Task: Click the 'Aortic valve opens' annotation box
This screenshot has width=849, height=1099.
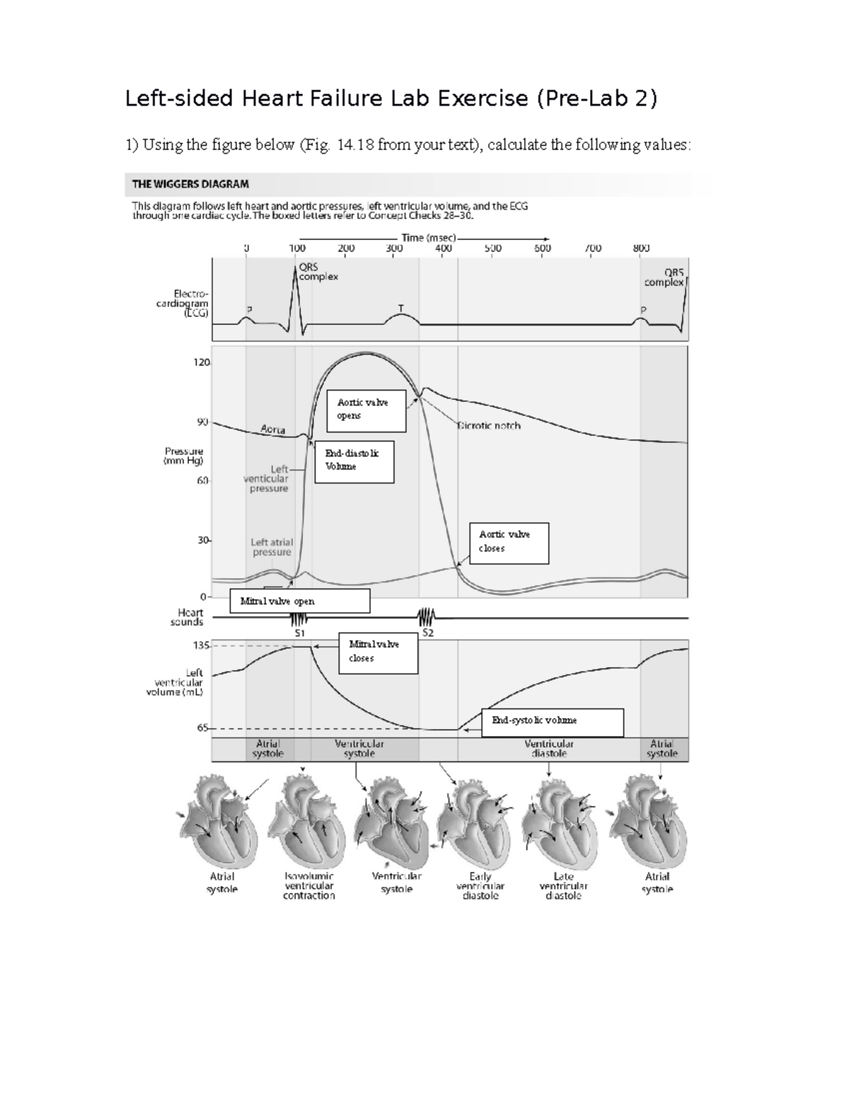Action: click(366, 410)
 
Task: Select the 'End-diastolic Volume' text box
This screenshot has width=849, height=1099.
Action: click(354, 461)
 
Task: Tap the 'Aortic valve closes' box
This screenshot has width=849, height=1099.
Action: click(509, 543)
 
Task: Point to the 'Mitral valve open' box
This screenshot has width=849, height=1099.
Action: click(299, 602)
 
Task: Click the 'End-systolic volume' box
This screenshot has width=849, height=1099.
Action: click(552, 722)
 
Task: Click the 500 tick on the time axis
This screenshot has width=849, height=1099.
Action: click(493, 248)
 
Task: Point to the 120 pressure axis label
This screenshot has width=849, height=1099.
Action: click(202, 362)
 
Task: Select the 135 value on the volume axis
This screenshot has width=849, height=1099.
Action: click(202, 645)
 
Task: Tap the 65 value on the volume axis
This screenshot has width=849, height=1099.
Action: click(203, 727)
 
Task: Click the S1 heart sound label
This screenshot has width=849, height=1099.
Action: click(299, 633)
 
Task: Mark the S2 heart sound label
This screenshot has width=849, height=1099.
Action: click(427, 633)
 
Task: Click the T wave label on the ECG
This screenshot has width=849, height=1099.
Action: click(401, 309)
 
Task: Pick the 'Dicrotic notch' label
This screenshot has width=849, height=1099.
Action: click(489, 426)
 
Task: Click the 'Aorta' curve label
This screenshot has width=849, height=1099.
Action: click(273, 430)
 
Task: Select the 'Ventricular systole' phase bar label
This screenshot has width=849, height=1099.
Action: click(359, 749)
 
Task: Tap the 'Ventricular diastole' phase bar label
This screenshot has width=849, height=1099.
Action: click(549, 749)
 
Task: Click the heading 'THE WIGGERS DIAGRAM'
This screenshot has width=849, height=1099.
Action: click(190, 184)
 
